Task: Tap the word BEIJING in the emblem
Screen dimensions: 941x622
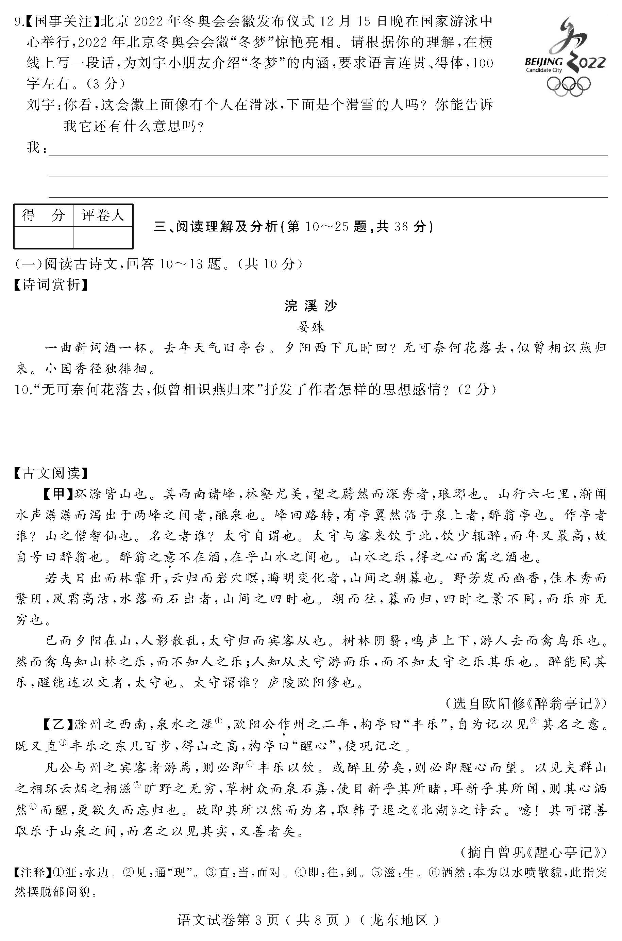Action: [543, 62]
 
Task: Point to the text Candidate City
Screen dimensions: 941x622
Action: [544, 70]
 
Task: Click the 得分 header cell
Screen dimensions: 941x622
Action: [43, 215]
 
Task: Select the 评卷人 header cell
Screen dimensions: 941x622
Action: [103, 215]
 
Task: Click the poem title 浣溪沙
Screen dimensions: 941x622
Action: [310, 306]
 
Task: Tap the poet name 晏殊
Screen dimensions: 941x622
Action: [310, 327]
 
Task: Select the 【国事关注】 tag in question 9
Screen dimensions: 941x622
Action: [63, 21]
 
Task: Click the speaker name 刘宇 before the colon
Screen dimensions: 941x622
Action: [40, 105]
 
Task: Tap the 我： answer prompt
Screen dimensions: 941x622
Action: [36, 148]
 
